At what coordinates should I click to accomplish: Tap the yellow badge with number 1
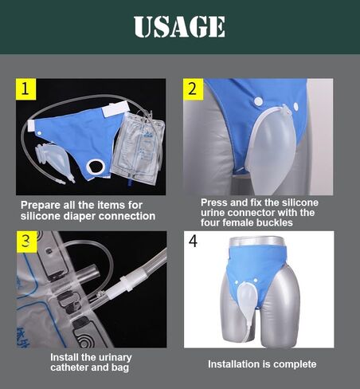pos(27,89)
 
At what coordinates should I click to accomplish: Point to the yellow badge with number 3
pos(27,242)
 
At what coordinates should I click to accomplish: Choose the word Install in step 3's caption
pos(66,357)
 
